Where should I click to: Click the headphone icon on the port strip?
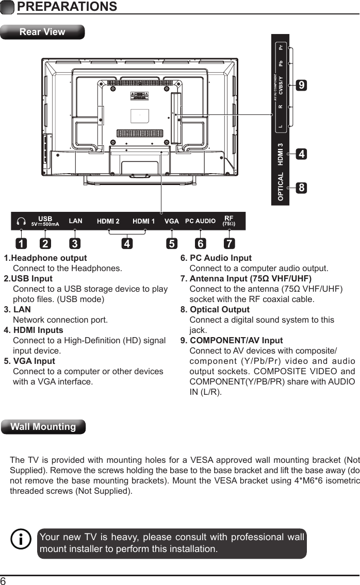[x=21, y=221]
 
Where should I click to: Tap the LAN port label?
[x=76, y=221]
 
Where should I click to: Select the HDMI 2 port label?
[x=108, y=221]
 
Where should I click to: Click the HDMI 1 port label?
[x=144, y=221]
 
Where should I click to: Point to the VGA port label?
[x=172, y=221]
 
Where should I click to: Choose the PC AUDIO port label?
[x=200, y=221]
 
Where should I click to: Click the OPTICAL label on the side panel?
[x=281, y=187]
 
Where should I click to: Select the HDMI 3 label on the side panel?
[x=281, y=154]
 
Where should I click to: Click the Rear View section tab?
[x=42, y=32]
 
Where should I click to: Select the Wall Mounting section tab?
[x=43, y=427]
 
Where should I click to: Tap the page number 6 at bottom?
[x=4, y=580]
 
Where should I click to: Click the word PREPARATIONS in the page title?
[x=67, y=7]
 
